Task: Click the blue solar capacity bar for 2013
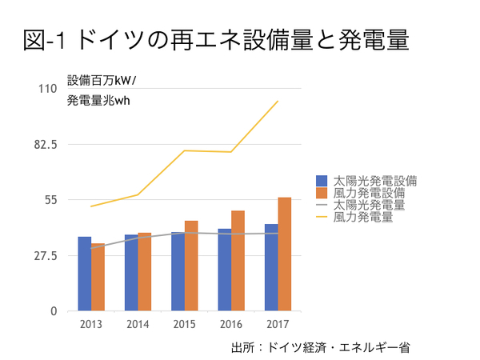pyautogui.click(x=84, y=274)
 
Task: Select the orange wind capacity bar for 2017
pyautogui.click(x=285, y=254)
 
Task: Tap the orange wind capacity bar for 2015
pyautogui.click(x=191, y=266)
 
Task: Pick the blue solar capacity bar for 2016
pyautogui.click(x=225, y=270)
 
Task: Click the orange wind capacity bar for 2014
pyautogui.click(x=145, y=271)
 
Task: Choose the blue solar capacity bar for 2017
pyautogui.click(x=271, y=267)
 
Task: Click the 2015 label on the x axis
pyautogui.click(x=185, y=324)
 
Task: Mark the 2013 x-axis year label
pyautogui.click(x=91, y=324)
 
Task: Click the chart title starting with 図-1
pyautogui.click(x=217, y=40)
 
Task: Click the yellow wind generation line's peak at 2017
pyautogui.click(x=278, y=102)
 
